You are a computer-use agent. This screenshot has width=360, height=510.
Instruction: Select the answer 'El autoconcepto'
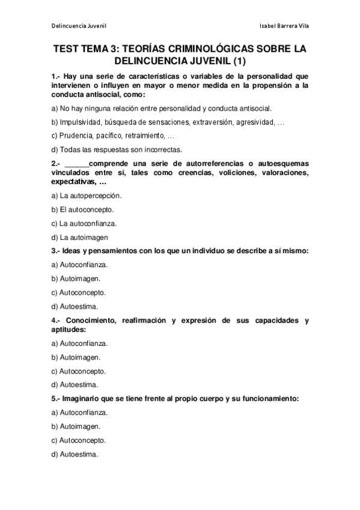pyautogui.click(x=83, y=209)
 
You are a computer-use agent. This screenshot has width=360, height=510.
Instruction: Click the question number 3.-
pyautogui.click(x=56, y=251)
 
